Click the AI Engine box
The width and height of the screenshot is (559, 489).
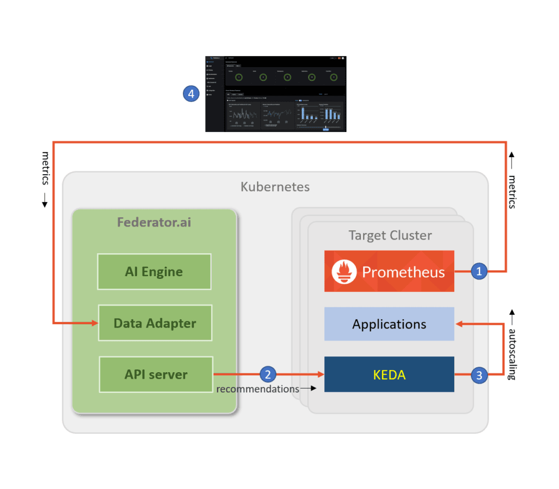(154, 271)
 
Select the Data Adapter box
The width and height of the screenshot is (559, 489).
(154, 323)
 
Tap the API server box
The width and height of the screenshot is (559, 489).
(155, 374)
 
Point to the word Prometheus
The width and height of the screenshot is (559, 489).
(403, 272)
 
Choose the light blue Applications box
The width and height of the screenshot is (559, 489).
(389, 324)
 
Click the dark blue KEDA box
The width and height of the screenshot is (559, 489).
(389, 374)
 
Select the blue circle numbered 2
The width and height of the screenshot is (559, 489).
(267, 374)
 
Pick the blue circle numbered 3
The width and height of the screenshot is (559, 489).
(479, 375)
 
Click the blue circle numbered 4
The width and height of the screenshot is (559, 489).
(190, 94)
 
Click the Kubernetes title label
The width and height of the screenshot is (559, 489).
(275, 187)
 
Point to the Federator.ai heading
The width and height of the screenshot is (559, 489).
(154, 223)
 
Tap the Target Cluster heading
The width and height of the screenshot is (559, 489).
(390, 236)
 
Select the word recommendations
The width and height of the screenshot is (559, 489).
(258, 389)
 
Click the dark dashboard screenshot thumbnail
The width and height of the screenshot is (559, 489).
(276, 93)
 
